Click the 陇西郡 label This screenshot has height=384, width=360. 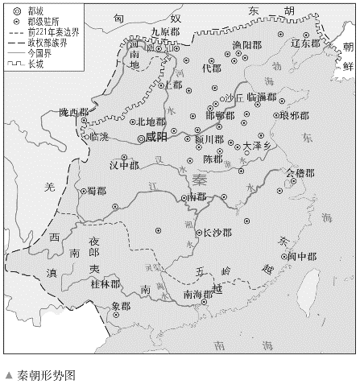click(x=72, y=112)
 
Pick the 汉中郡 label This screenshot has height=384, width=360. click(x=124, y=167)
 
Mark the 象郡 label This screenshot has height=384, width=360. click(x=121, y=306)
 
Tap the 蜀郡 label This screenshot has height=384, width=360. click(x=97, y=191)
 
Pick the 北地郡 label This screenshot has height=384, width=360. click(x=151, y=122)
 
